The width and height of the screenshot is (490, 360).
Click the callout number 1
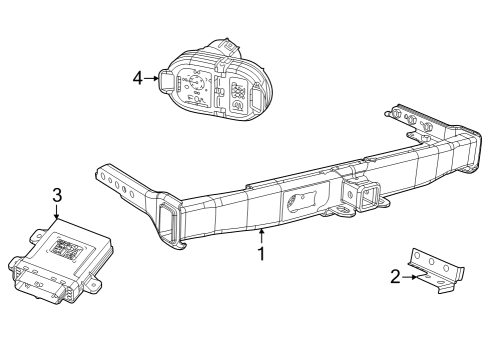coord(261,254)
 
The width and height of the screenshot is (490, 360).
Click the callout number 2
coord(397,277)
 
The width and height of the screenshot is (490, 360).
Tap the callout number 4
coord(139,76)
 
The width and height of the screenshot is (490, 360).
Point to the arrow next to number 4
coord(152,76)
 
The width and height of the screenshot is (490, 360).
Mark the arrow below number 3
coord(57,210)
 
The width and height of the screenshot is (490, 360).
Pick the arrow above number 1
coord(261,236)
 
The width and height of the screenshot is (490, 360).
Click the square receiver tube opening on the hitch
coord(357,193)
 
